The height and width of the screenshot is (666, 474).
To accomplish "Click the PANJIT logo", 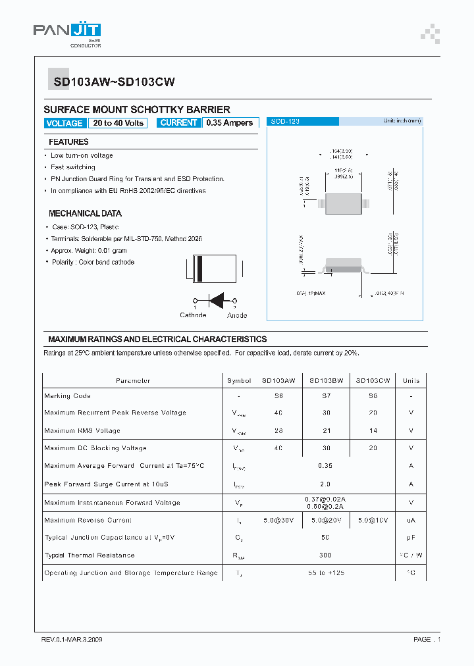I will point(67,31).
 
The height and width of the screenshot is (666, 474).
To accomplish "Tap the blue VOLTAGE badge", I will point(65,123).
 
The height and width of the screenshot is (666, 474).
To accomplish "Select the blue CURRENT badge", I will point(178,123).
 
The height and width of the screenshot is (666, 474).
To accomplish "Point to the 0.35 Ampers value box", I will point(229,123).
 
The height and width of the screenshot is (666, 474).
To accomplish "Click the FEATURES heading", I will point(68,142).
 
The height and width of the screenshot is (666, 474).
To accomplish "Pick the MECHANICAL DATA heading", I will point(85,214).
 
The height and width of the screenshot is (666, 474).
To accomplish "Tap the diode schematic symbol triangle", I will point(217,299).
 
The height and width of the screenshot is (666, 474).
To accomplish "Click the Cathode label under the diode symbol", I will point(193,315).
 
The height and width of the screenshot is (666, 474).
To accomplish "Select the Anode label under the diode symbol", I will point(237,315).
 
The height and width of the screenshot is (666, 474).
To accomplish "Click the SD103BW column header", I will point(325,380).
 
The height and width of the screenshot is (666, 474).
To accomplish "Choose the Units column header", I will point(411,380).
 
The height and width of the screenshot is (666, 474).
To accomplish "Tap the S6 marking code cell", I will point(278,396).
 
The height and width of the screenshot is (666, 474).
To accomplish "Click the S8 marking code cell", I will point(373,396).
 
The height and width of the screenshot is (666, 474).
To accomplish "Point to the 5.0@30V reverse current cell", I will point(278,520).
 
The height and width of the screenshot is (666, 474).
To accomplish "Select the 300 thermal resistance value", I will point(325,555).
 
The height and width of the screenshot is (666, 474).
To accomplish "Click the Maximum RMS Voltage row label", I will point(82,431).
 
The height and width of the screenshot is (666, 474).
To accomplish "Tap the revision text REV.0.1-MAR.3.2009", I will point(72,639).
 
